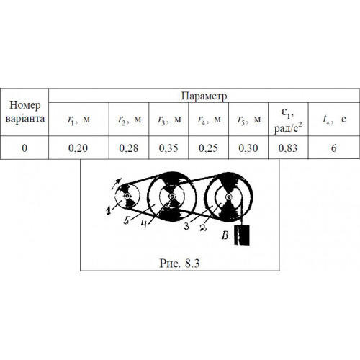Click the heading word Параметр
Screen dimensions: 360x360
click(x=204, y=96)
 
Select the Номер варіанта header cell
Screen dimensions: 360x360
click(x=24, y=112)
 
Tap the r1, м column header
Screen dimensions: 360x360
click(x=79, y=120)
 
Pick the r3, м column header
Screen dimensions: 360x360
click(x=169, y=120)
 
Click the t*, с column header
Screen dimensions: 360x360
click(x=334, y=119)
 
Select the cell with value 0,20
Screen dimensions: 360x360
click(x=78, y=148)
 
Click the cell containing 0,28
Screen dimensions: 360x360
click(x=129, y=148)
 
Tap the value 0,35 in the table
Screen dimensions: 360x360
click(x=168, y=148)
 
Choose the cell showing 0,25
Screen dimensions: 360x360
click(x=208, y=148)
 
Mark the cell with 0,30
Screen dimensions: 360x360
click(x=248, y=148)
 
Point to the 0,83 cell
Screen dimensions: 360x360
click(x=288, y=148)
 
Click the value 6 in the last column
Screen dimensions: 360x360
click(x=334, y=148)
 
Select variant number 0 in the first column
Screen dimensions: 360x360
click(x=24, y=148)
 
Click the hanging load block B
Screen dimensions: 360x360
click(x=242, y=235)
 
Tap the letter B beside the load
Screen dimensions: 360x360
click(x=225, y=235)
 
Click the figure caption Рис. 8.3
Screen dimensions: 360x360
click(x=179, y=264)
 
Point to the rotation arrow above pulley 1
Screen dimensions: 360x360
click(x=117, y=183)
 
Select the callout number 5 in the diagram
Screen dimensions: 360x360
click(x=127, y=220)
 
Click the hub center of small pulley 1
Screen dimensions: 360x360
click(x=127, y=197)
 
